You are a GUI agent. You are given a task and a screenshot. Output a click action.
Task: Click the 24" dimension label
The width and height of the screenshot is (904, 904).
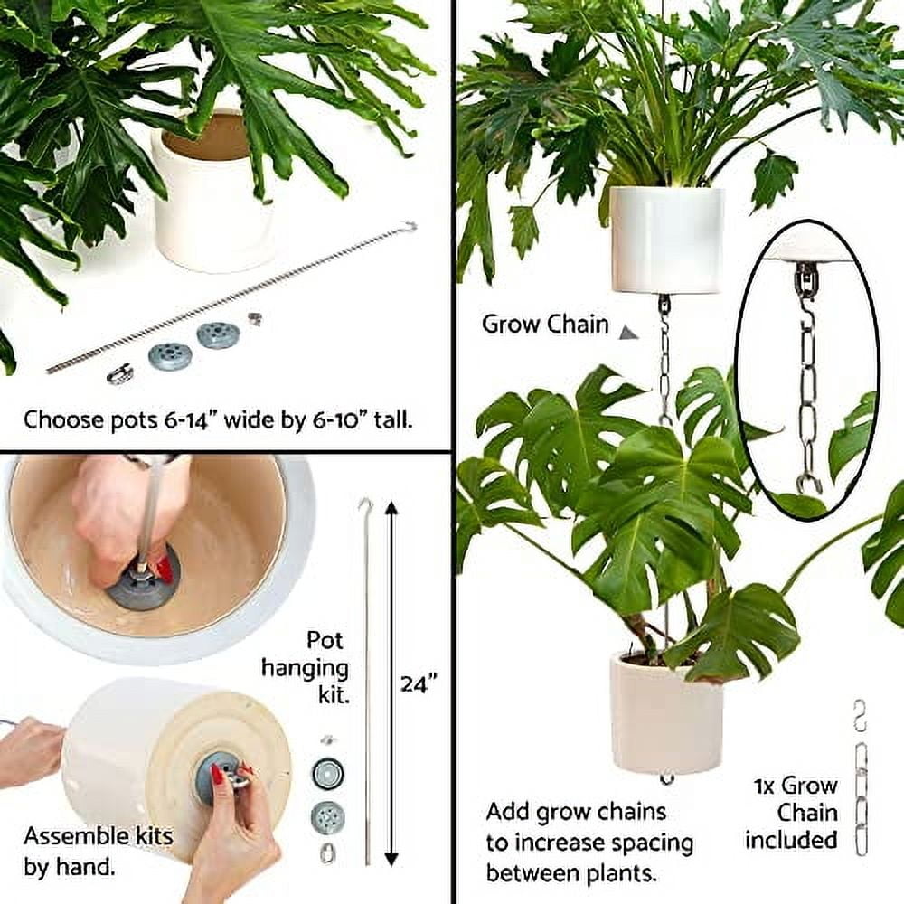pyautogui.click(x=419, y=683)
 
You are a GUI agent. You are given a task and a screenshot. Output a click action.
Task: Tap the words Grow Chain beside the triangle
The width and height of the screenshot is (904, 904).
pyautogui.click(x=545, y=325)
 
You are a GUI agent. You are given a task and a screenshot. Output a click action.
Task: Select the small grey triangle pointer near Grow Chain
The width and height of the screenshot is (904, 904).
pyautogui.click(x=628, y=334)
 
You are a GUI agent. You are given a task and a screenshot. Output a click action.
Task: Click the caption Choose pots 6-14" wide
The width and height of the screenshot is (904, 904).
pyautogui.click(x=218, y=420)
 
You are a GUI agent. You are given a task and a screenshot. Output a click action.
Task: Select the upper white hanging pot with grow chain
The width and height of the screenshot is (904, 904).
pyautogui.click(x=666, y=240)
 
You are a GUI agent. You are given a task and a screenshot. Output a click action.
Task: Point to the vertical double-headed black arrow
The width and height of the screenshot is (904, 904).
pyautogui.click(x=391, y=683)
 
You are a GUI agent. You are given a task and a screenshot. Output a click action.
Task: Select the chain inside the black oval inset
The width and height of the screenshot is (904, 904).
pyautogui.click(x=807, y=380)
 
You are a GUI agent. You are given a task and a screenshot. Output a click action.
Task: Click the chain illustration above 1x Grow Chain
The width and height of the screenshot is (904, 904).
pyautogui.click(x=861, y=777)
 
